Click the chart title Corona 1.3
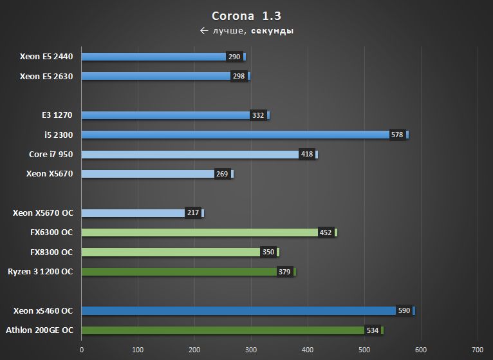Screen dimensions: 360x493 click(x=247, y=15)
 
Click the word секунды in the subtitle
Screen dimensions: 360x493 click(x=272, y=31)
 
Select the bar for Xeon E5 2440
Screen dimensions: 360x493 click(x=154, y=57)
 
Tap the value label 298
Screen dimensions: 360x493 click(x=239, y=77)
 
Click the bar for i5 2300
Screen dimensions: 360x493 click(x=236, y=135)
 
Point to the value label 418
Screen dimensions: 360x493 click(x=307, y=155)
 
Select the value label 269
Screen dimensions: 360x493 click(x=222, y=174)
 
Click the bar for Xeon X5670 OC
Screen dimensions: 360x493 click(x=133, y=213)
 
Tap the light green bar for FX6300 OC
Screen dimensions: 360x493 click(x=200, y=232)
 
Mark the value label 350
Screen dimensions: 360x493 click(x=268, y=252)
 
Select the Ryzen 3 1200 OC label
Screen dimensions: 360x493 click(x=40, y=272)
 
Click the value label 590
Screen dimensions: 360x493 click(x=404, y=311)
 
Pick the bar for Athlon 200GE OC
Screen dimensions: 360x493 click(x=223, y=330)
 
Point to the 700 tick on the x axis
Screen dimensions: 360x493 click(x=478, y=350)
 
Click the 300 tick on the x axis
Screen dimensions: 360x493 click(x=251, y=350)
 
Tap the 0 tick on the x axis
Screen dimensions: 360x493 click(x=82, y=350)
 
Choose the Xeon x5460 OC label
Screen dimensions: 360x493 click(x=42, y=311)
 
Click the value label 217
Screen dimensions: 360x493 click(x=192, y=213)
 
